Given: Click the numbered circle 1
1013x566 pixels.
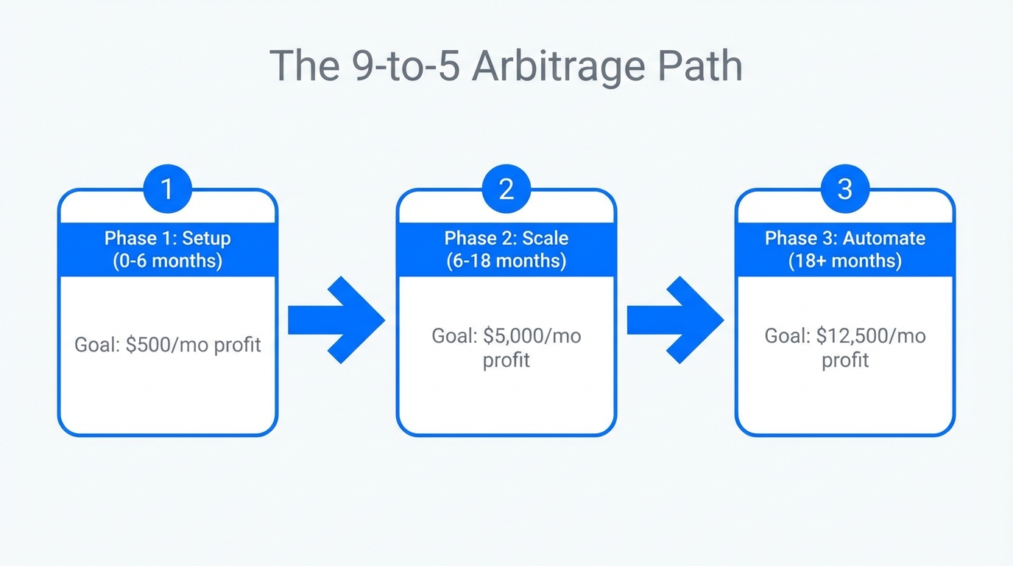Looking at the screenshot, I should pyautogui.click(x=167, y=189).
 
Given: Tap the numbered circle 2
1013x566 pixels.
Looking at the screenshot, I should pyautogui.click(x=506, y=189).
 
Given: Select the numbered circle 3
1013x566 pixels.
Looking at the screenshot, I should pyautogui.click(x=844, y=189).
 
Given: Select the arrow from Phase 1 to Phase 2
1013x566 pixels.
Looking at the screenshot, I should pyautogui.click(x=336, y=320).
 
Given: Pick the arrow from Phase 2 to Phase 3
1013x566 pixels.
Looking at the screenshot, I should pyautogui.click(x=674, y=320).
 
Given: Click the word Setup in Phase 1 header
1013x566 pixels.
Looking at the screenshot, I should pyautogui.click(x=206, y=238).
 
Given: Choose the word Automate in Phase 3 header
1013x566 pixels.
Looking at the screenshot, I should pyautogui.click(x=883, y=238).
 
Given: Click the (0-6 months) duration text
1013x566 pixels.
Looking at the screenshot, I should pyautogui.click(x=167, y=261).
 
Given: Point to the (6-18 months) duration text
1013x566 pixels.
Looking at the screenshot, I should pyautogui.click(x=506, y=261).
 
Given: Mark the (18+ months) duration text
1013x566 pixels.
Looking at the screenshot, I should pyautogui.click(x=844, y=261).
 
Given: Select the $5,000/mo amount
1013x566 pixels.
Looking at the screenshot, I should pyautogui.click(x=532, y=336).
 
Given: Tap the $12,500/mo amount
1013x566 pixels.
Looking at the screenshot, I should pyautogui.click(x=871, y=336).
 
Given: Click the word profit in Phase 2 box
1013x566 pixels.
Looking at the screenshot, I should pyautogui.click(x=506, y=360).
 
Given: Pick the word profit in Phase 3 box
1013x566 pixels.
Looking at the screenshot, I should pyautogui.click(x=844, y=360).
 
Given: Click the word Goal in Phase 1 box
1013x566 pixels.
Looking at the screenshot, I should pyautogui.click(x=96, y=344).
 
